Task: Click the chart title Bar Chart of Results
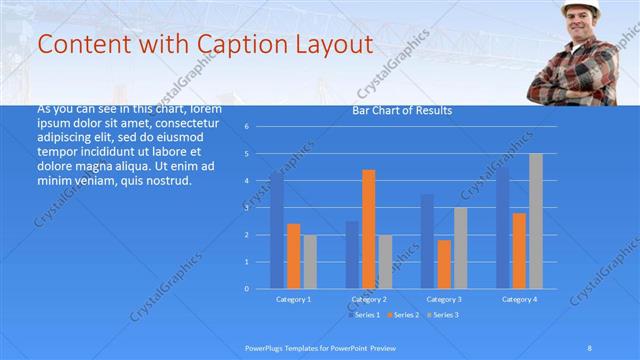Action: point(401,110)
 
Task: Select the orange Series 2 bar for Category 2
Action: point(368,229)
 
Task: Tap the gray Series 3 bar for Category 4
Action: point(536,221)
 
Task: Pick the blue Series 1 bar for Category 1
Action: point(277,230)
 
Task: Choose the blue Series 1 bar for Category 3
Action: point(427,241)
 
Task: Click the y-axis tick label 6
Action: point(246,127)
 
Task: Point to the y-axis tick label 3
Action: point(246,208)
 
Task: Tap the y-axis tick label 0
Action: point(246,289)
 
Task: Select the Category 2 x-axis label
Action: point(369,299)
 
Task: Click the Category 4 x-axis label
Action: point(519,299)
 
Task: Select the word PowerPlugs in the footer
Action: point(265,347)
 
